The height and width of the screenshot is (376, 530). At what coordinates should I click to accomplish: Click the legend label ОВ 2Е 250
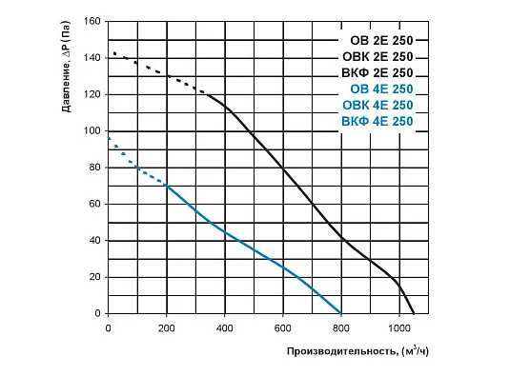coord(381,41)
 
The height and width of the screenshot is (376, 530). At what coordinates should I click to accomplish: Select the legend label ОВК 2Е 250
coord(377,57)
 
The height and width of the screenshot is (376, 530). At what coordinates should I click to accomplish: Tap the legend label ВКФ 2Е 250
coord(377,73)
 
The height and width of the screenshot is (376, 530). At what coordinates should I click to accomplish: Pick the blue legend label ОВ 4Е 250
coord(381,89)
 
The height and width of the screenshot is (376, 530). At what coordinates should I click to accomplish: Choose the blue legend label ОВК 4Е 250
coord(377,106)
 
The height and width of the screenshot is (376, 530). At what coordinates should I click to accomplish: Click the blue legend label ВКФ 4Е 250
coord(377,122)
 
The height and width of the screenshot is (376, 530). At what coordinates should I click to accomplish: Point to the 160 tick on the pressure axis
coord(92,21)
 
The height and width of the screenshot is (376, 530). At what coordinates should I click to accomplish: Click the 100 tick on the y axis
coord(92,131)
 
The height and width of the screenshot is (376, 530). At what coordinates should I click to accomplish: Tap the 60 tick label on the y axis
coord(94,204)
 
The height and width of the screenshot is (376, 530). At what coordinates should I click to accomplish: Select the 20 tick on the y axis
coord(94,277)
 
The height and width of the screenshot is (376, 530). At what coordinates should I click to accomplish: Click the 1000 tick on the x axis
coord(399,328)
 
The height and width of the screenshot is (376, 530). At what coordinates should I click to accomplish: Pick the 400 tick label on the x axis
coord(224,328)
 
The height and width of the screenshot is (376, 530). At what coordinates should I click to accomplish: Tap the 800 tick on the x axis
coord(341,328)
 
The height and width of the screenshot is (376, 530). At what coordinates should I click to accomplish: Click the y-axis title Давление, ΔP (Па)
coord(67,67)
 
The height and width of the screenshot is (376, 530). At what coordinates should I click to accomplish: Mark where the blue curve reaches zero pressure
coord(341,313)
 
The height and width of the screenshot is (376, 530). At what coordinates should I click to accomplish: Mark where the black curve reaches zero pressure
coord(414,313)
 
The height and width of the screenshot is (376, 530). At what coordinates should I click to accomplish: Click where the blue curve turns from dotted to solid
coord(167,186)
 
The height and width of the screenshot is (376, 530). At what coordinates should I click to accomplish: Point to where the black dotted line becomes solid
coord(207,94)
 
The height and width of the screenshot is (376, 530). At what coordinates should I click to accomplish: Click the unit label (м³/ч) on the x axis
coord(415,351)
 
